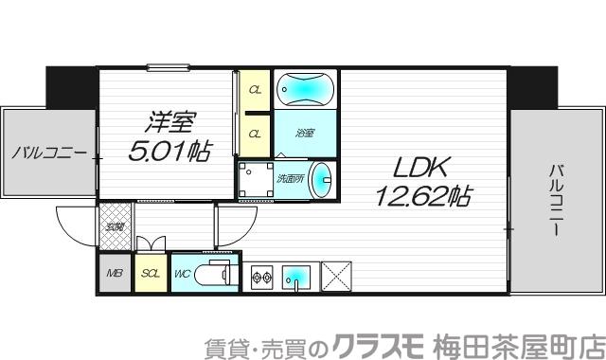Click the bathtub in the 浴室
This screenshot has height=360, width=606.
click(x=306, y=90)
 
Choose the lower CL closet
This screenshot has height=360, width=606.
click(x=255, y=134)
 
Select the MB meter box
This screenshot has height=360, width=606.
click(x=114, y=274)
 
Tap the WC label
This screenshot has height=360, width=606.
click(x=182, y=275)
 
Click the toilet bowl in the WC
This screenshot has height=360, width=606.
click(x=215, y=275)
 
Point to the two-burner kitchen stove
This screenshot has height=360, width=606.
click(x=262, y=277)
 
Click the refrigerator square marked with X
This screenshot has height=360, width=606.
click(x=336, y=276)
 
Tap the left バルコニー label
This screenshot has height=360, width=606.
click(x=49, y=153)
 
